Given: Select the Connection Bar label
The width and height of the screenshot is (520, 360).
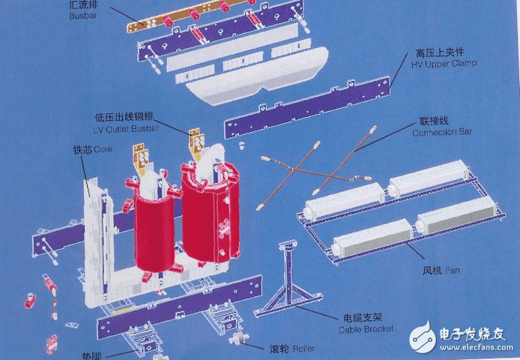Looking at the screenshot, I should click(442, 133).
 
